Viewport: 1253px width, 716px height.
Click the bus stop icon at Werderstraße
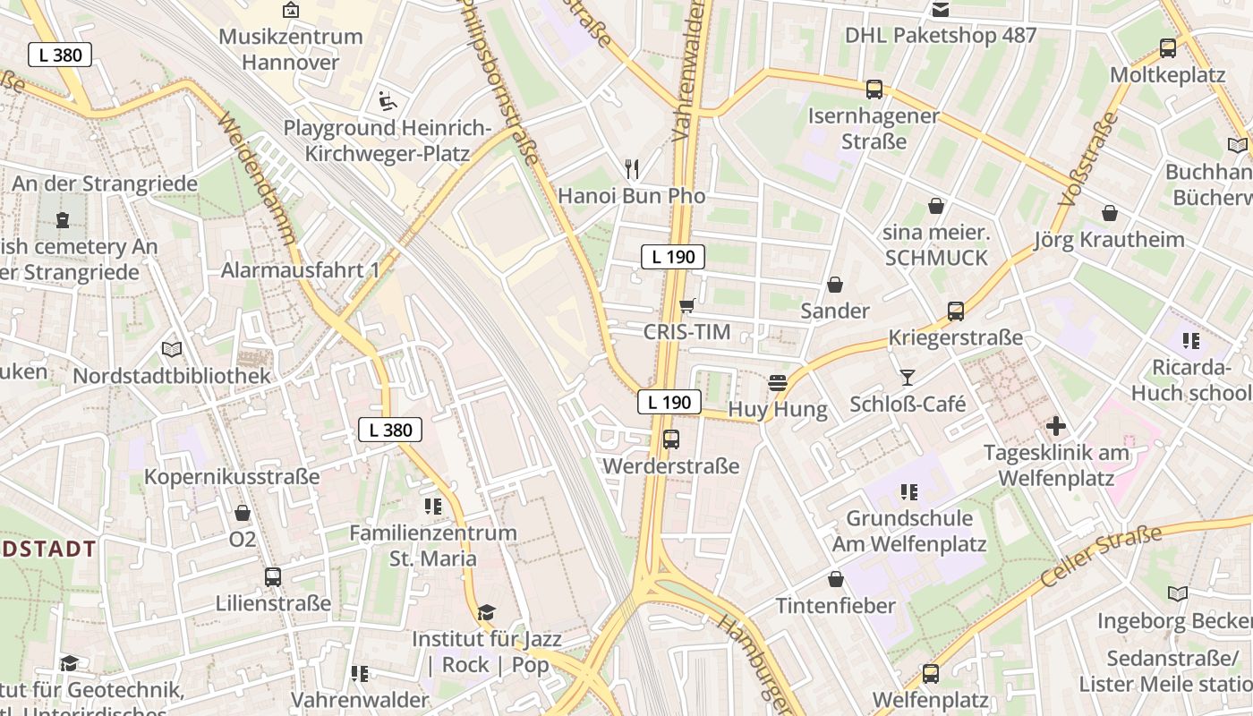tap(671, 439)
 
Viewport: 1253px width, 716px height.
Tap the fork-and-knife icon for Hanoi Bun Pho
tap(632, 167)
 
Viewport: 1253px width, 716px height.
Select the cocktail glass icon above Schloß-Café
tap(908, 378)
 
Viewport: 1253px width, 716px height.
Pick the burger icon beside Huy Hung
tap(777, 383)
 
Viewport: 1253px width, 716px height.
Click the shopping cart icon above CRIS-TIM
tap(686, 306)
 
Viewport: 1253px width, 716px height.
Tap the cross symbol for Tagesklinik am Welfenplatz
tap(1056, 426)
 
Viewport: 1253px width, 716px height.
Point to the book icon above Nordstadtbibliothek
tap(171, 349)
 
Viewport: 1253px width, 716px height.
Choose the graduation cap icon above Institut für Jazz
tap(486, 612)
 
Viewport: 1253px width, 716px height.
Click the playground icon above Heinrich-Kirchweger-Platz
tap(387, 100)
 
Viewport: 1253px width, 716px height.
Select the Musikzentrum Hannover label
tap(291, 49)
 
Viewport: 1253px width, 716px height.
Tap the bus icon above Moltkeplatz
tap(1167, 48)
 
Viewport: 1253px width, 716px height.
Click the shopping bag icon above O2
tap(242, 513)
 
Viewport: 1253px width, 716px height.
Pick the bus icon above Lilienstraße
tap(273, 577)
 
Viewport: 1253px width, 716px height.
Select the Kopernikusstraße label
tap(232, 476)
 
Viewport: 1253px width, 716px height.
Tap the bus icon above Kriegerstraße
tap(955, 311)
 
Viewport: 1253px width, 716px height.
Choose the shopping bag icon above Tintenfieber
tap(835, 579)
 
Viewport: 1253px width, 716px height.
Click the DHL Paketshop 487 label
tap(941, 36)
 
